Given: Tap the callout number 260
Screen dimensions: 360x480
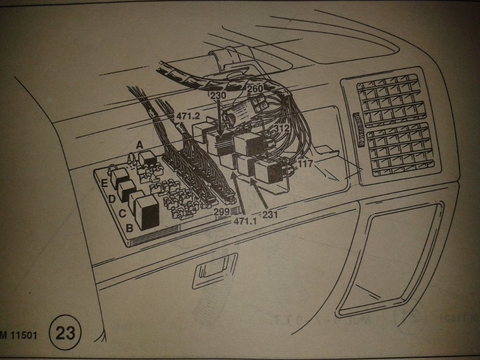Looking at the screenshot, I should click(255, 89).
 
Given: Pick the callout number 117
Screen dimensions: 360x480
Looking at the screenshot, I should click(305, 164).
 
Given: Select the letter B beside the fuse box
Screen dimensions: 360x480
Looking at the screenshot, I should click(129, 228).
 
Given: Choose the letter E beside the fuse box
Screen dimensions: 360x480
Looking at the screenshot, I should click(104, 183).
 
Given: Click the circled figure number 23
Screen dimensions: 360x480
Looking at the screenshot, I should click(69, 333).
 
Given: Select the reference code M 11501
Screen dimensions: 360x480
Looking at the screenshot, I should click(19, 333).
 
